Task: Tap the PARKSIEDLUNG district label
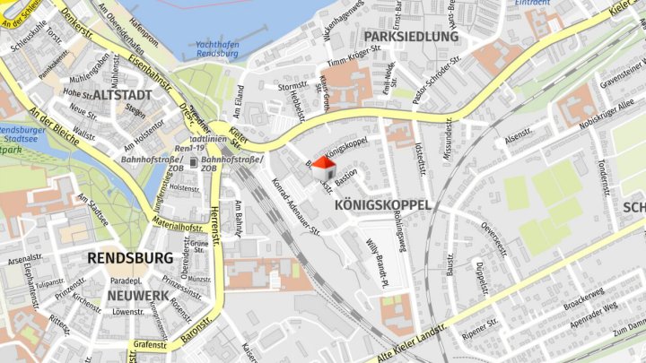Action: pyautogui.click(x=411, y=37)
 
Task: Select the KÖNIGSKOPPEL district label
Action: pyautogui.click(x=382, y=205)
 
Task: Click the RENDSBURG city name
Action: pyautogui.click(x=130, y=258)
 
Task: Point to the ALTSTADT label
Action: pyautogui.click(x=122, y=94)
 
